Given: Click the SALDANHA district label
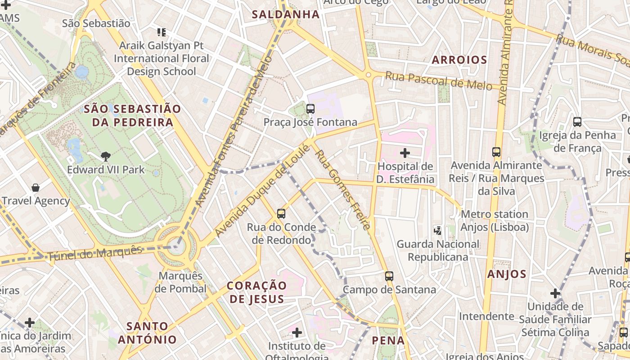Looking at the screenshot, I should pos(285,14).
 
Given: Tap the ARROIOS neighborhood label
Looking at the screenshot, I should pos(459,60).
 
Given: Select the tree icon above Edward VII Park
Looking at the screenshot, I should pos(106,157).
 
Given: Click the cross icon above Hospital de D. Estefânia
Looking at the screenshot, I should pos(405,153).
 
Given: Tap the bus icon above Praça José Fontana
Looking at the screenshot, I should pos(310,109).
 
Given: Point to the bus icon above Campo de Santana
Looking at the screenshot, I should pos(389,276).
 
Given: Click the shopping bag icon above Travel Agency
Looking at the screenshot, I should pos(36,188).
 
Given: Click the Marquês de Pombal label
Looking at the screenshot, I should pos(180,282).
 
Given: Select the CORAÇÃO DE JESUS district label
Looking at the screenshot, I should pos(256,292).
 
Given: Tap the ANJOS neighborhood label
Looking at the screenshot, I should pos(507,274).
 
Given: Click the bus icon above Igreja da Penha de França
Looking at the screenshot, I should pos(577,121).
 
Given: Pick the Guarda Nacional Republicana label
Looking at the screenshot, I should pos(438,251).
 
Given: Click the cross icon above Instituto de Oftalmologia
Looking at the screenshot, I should pos(297,333).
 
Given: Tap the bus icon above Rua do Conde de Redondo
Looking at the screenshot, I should pos(281,214).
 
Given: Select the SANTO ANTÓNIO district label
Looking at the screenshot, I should pos(147,333).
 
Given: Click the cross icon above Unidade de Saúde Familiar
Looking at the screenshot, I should pos(555,293).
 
